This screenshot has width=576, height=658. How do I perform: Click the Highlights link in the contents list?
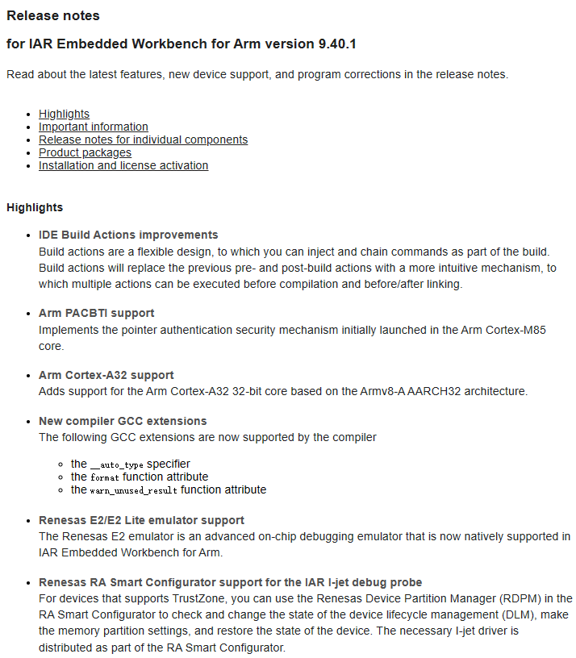(x=64, y=114)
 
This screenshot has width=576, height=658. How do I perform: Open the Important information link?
(x=93, y=127)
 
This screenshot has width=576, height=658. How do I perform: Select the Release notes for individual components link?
(x=143, y=140)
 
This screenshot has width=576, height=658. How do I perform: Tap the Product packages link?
(x=85, y=152)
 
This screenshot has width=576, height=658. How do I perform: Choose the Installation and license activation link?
(x=123, y=165)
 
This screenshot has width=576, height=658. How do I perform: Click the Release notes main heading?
(x=53, y=15)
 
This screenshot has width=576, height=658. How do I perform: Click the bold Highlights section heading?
(x=35, y=207)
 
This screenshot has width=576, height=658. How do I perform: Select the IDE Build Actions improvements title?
(x=128, y=235)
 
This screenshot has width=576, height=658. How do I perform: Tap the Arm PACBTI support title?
(x=96, y=313)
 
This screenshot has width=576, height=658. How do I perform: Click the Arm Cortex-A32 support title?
(x=106, y=375)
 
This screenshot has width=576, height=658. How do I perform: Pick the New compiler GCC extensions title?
(x=123, y=421)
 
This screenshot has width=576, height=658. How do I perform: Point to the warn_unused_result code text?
(x=133, y=490)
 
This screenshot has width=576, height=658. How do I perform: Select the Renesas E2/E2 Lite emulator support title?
(x=141, y=520)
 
